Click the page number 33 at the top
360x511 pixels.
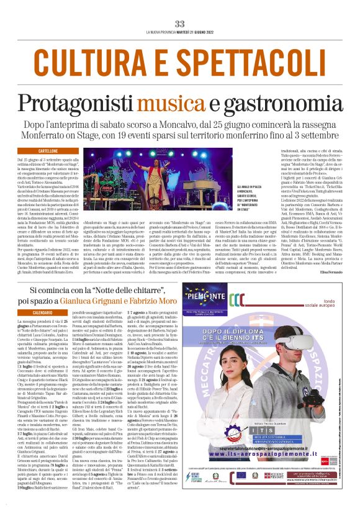180,23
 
